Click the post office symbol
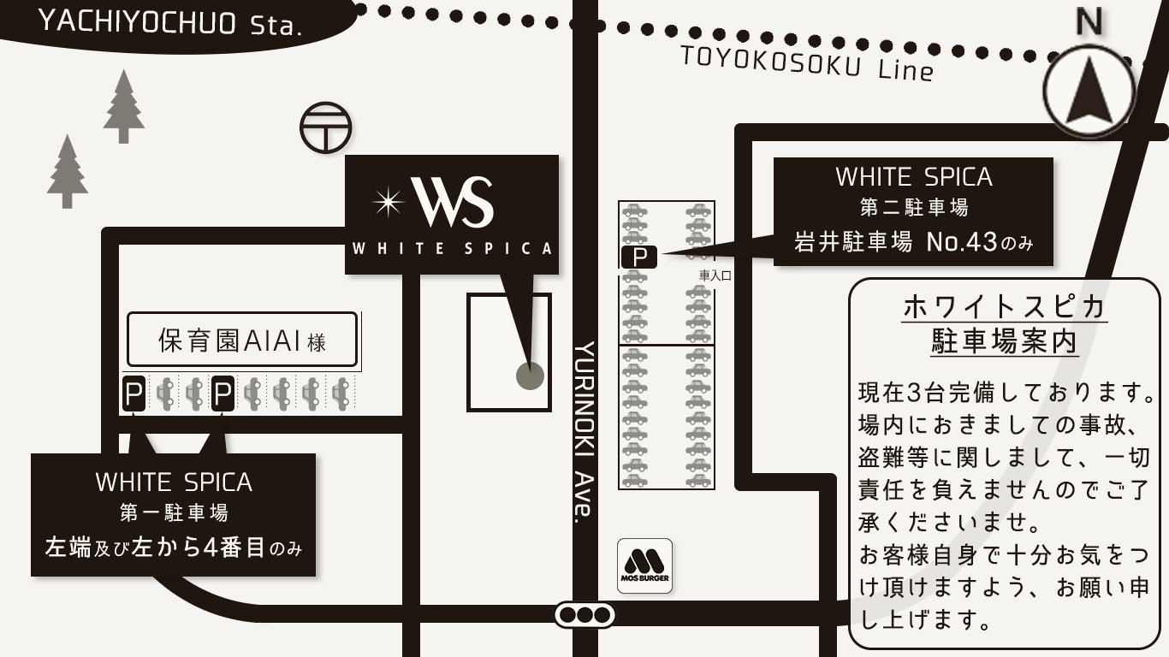[x=325, y=128]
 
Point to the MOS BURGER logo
[x=644, y=565]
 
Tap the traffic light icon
[x=585, y=614]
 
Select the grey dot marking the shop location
[x=530, y=376]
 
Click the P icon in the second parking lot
[x=638, y=256]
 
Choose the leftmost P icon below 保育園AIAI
[x=134, y=394]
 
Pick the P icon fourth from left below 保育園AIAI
[x=223, y=394]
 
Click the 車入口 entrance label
[x=715, y=275]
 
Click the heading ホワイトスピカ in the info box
[x=1005, y=307]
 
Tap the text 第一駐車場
[x=174, y=513]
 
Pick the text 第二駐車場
[x=913, y=208]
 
